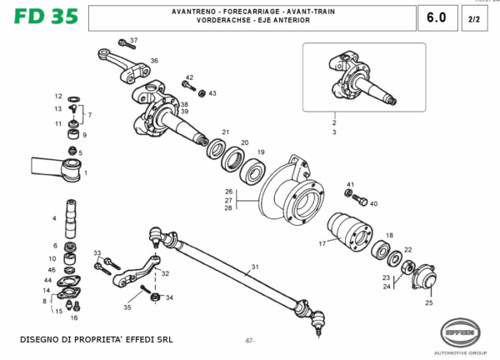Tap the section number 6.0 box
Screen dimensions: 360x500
pos(436,17)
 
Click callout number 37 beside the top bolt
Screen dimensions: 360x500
pos(133,40)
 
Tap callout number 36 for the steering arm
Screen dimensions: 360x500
pos(154,61)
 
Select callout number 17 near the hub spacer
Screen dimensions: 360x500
pos(322,243)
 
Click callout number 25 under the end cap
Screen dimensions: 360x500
pos(429,302)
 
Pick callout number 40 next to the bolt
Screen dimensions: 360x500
pos(373,203)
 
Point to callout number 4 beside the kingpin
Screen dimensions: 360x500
pos(54,218)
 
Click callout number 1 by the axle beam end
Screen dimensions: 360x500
pos(85,172)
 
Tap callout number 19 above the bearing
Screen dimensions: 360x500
pos(260,152)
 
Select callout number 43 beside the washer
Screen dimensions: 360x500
pos(212,93)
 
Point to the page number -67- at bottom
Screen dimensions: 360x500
pos(249,341)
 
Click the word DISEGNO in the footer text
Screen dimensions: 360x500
pos(40,340)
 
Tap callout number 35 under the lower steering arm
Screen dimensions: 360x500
pos(127,307)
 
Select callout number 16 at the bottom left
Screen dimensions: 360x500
pos(73,317)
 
